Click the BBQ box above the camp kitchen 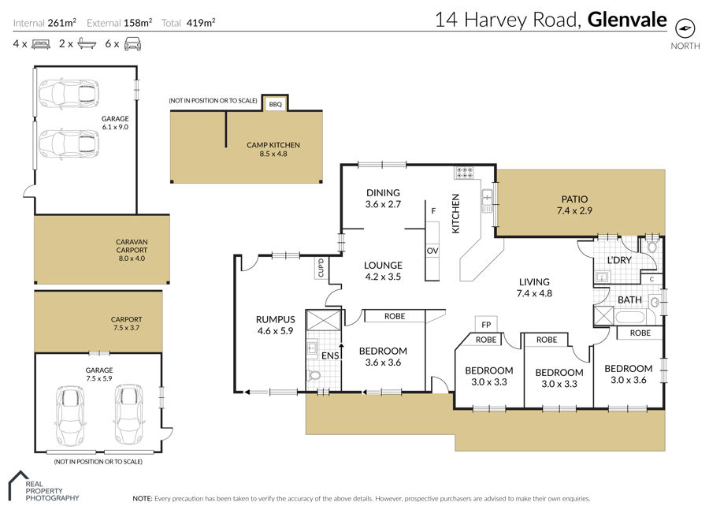[x=276, y=104]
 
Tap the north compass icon [x=685, y=28]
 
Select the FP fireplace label [x=486, y=324]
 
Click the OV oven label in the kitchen [x=432, y=251]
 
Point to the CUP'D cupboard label [x=321, y=268]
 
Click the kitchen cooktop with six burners [x=464, y=172]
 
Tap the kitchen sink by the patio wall [x=487, y=201]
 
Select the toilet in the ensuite [x=314, y=375]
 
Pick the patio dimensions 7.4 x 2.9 [x=574, y=210]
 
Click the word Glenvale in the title [x=627, y=20]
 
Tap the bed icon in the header [x=41, y=44]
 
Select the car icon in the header [x=132, y=44]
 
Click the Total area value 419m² [x=201, y=23]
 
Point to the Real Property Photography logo [x=43, y=486]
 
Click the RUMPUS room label [x=276, y=319]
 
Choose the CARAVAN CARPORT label [x=132, y=246]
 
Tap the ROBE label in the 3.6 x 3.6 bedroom [x=395, y=316]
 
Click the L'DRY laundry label [x=619, y=260]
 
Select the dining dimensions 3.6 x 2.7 [x=383, y=204]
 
